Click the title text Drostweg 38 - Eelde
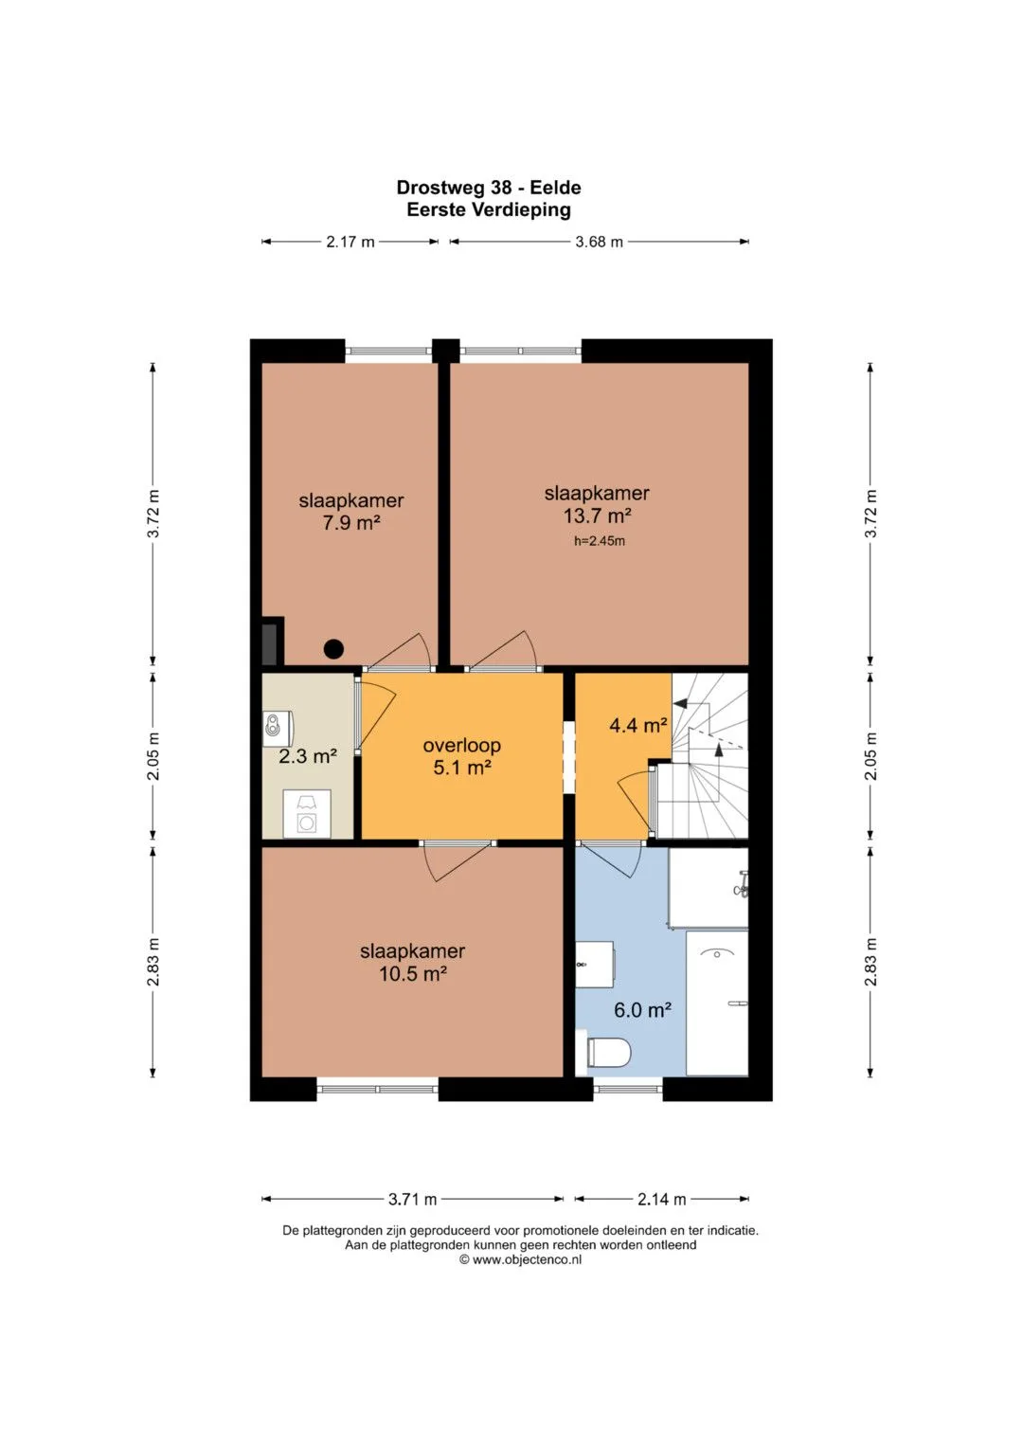[x=488, y=188]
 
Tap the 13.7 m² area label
[x=597, y=515]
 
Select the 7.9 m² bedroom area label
[x=351, y=522]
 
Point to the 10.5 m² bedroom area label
[x=413, y=973]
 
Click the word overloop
[x=462, y=745]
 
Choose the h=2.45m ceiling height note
[x=600, y=541]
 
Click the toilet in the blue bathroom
[x=608, y=1053]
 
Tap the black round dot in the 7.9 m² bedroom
[x=333, y=648]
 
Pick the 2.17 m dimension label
[x=350, y=242]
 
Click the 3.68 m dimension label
[x=599, y=242]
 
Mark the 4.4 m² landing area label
[x=638, y=725]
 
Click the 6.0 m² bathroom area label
[x=642, y=1009]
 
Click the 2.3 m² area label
[x=308, y=756]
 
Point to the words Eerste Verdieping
[x=488, y=209]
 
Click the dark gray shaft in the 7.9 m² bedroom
[x=270, y=643]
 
